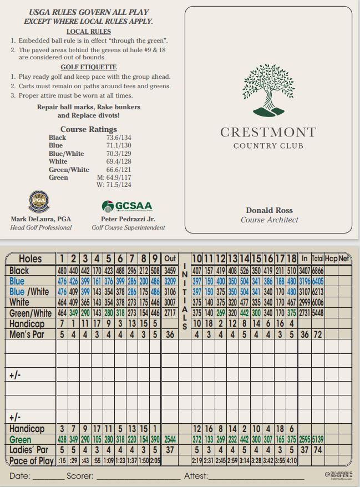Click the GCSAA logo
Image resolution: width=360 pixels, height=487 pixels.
126,206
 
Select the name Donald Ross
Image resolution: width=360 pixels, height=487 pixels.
269,210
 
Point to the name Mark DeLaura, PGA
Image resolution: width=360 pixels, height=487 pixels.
41,219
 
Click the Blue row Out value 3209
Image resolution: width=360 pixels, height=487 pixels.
170,281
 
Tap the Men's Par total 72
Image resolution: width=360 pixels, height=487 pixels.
318,334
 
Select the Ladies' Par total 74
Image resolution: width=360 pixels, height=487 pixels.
318,450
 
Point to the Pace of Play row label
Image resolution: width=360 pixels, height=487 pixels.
31,460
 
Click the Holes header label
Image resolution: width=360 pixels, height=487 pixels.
30,259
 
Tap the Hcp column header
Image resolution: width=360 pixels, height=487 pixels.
331,259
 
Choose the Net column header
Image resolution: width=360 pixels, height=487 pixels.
344,259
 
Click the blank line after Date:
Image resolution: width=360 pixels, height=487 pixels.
48,477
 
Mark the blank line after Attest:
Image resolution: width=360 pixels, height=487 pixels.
256,477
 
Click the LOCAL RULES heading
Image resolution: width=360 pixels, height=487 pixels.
89,32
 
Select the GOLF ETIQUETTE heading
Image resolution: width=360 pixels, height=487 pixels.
89,67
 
